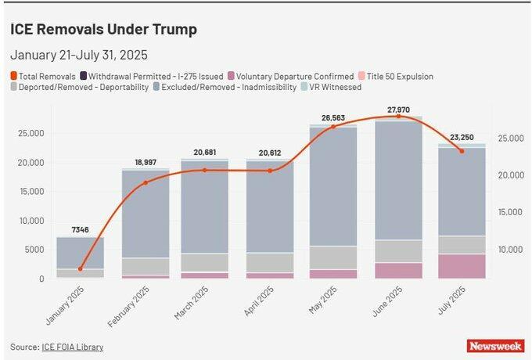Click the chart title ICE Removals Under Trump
[103, 30]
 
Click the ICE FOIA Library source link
[73, 347]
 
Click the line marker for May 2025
[333, 126]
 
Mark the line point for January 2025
[80, 268]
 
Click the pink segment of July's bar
[462, 265]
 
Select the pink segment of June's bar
[398, 270]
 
